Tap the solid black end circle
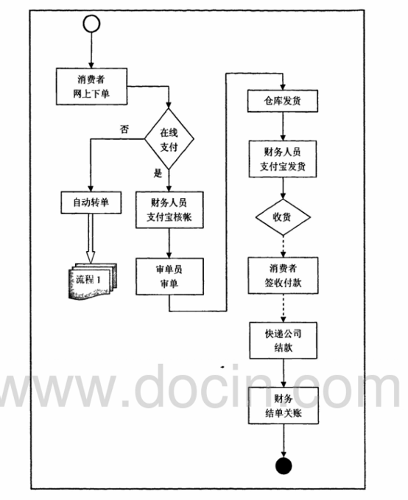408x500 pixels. tap(284, 466)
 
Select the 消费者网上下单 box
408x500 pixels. tap(91, 86)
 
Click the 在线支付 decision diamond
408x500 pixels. tap(169, 138)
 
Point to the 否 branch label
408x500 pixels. tap(124, 129)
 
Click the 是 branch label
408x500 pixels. tap(158, 174)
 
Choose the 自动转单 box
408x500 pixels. tap(91, 203)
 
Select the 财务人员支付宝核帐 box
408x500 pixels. tap(169, 210)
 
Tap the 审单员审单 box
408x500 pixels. tap(169, 276)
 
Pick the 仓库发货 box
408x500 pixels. tap(283, 101)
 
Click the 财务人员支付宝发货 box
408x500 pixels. tap(283, 159)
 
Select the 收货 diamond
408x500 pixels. tap(283, 217)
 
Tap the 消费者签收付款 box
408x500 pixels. tap(284, 275)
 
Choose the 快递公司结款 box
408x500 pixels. tap(284, 340)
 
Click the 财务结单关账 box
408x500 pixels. tap(284, 406)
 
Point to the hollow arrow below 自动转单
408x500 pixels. tap(91, 238)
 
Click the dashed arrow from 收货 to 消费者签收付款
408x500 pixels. tap(284, 247)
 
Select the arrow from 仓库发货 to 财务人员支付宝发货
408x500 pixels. tap(283, 126)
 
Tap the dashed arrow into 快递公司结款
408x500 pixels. tap(284, 308)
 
